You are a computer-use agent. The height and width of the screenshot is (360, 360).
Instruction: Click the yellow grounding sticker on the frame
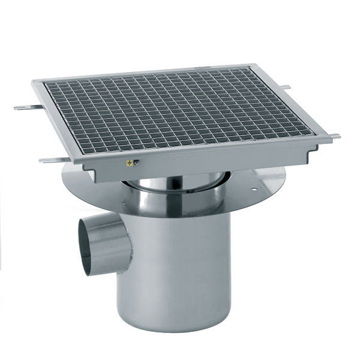[128, 163]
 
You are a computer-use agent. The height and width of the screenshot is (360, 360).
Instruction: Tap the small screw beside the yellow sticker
[136, 162]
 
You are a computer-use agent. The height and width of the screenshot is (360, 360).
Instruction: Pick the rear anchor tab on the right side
[286, 88]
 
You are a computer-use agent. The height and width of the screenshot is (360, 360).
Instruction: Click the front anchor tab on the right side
[334, 137]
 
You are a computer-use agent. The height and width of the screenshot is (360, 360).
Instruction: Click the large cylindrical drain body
[180, 270]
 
